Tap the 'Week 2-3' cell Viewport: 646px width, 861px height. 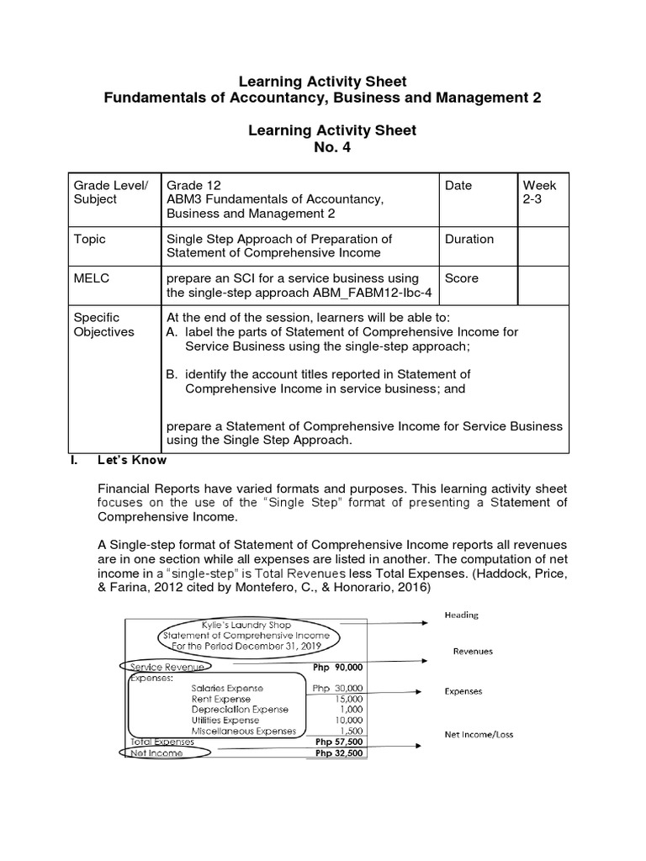point(539,193)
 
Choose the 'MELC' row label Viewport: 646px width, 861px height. point(91,278)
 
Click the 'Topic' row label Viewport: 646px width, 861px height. point(90,239)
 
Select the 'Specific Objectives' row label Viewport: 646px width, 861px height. point(103,325)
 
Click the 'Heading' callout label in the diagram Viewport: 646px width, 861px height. point(461,615)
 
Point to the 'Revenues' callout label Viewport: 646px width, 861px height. point(472,651)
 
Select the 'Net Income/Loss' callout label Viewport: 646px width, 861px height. point(479,734)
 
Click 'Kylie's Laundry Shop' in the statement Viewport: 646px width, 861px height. point(245,625)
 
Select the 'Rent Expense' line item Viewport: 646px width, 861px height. point(220,699)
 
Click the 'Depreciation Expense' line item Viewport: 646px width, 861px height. point(239,710)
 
